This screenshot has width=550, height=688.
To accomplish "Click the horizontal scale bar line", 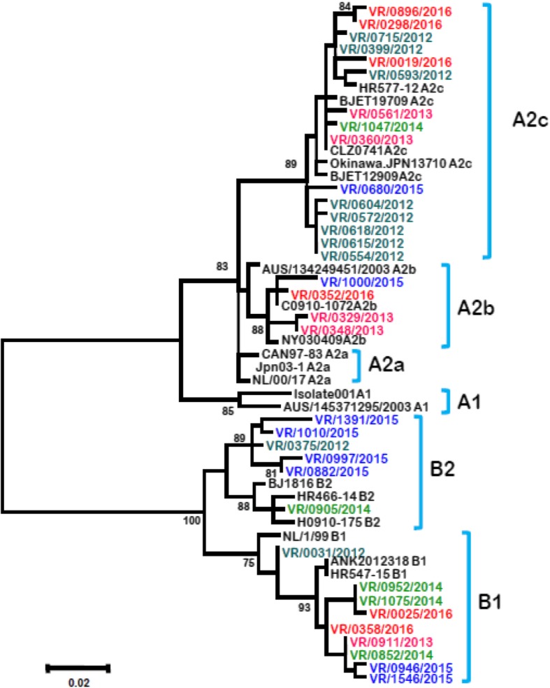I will (x=78, y=668).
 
